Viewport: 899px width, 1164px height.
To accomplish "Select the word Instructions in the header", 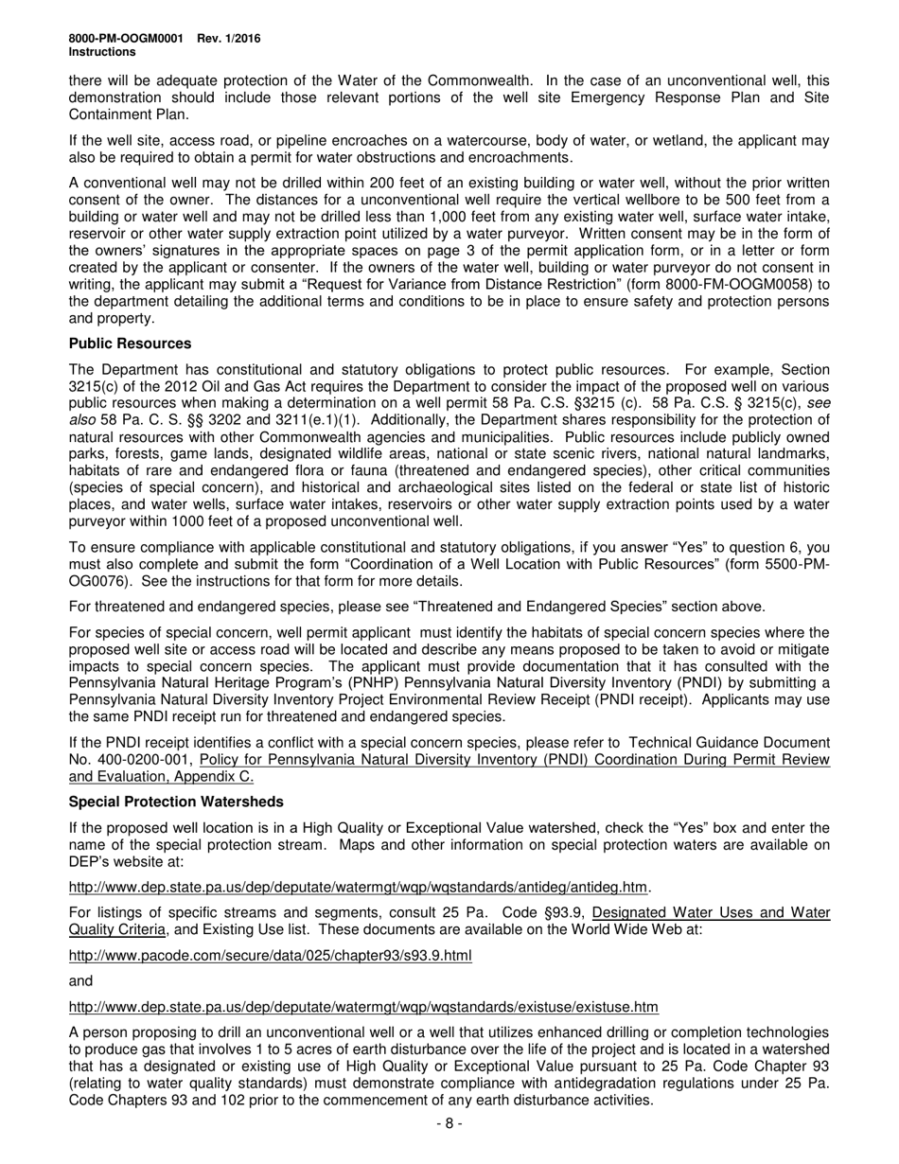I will click(101, 52).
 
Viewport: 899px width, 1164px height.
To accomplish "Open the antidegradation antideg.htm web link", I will click(359, 887).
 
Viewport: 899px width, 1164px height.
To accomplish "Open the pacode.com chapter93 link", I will click(270, 955).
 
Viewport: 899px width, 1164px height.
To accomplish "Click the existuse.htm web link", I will click(363, 1006).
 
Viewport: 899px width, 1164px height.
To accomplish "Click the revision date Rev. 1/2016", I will click(229, 39).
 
